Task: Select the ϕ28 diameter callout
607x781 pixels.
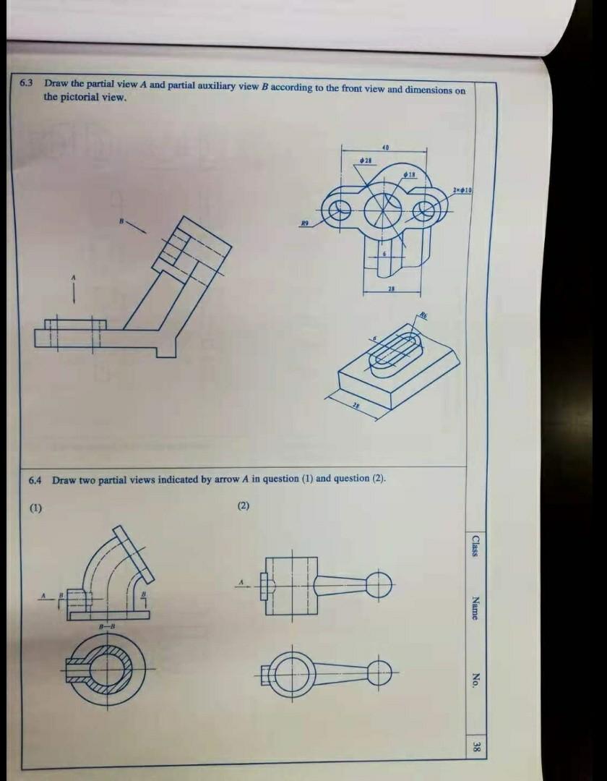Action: pos(366,158)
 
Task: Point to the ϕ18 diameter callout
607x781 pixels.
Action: pos(410,175)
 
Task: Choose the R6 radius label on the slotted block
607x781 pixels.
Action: pos(424,315)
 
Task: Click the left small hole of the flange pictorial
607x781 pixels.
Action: pos(337,213)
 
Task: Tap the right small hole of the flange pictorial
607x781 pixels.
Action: pos(426,210)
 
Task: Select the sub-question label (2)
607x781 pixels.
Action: pos(243,505)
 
